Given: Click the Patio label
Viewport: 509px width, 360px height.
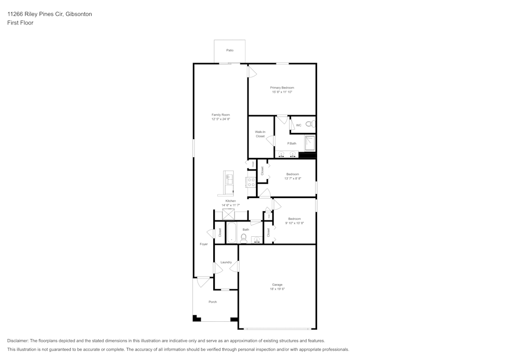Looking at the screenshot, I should [x=230, y=50].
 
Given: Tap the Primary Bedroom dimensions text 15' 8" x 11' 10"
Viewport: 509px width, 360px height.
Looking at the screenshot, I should [x=282, y=92].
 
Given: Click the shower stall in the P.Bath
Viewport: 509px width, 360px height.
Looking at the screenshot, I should [x=309, y=143].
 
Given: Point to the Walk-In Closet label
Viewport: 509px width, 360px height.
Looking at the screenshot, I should [x=260, y=134].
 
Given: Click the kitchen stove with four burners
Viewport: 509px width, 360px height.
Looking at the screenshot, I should [x=250, y=182].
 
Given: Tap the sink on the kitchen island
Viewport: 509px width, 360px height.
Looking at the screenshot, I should [x=229, y=179].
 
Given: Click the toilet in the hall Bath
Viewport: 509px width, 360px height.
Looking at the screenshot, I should [x=244, y=237].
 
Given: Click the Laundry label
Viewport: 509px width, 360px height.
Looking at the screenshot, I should [x=226, y=262].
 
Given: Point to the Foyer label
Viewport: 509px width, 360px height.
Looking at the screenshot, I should [x=204, y=244].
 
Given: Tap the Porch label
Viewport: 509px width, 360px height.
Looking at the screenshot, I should [x=213, y=302].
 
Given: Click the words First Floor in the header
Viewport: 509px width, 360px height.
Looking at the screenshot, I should [x=20, y=23].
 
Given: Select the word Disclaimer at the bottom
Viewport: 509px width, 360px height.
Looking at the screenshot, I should [x=18, y=341].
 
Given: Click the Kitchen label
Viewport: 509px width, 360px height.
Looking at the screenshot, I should [x=231, y=201].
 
